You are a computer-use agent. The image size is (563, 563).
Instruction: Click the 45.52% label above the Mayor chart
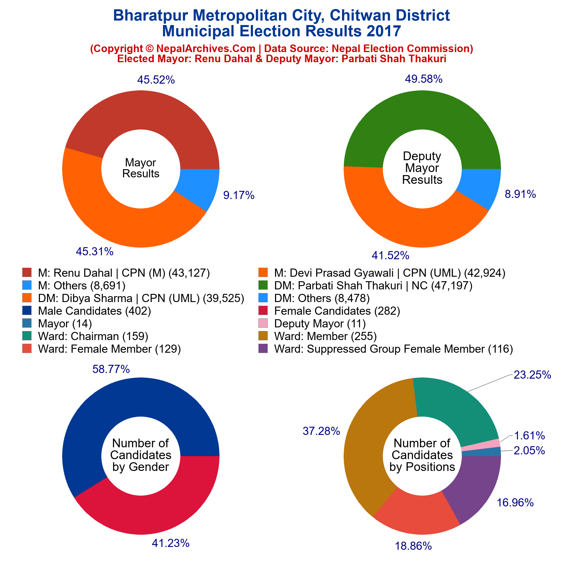tap(156, 80)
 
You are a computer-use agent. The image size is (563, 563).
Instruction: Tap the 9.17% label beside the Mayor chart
tap(239, 195)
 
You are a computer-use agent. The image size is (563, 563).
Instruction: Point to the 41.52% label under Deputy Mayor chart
tap(390, 256)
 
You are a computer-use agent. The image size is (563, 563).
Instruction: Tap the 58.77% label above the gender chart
tap(111, 369)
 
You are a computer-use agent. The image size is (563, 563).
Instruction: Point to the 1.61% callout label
tap(529, 436)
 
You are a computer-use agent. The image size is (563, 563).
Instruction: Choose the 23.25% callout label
tap(532, 375)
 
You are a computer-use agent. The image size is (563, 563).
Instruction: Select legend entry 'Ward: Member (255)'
tap(325, 336)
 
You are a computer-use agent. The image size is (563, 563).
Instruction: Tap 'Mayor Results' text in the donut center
tap(140, 168)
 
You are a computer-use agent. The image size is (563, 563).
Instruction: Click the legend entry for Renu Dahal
tap(124, 273)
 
